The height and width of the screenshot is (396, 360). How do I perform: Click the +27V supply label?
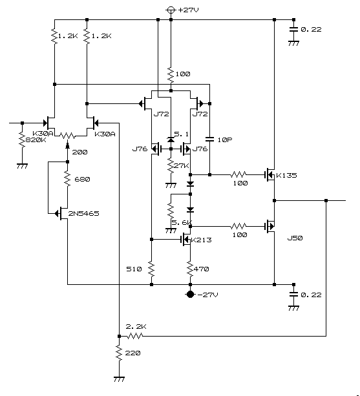pos(188,10)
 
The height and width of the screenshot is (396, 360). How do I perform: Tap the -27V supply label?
pos(207,295)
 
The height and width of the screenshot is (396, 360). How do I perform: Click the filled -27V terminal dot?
pos(190,295)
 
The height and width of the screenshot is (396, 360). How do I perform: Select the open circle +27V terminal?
pos(171,10)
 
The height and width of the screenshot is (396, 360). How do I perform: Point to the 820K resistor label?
pos(36,140)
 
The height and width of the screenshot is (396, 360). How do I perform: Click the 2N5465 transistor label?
pos(83,213)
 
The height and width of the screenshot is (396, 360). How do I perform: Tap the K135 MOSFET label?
pos(286,175)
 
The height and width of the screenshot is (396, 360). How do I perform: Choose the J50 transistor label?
pos(295,238)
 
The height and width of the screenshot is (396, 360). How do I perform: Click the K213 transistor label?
pos(202,240)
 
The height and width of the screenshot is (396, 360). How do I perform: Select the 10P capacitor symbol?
pos(209,139)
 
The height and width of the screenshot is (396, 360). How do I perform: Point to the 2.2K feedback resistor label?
pos(136,326)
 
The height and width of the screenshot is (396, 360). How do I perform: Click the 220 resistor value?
pos(132,353)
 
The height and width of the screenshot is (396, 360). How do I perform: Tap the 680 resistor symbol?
pos(67,179)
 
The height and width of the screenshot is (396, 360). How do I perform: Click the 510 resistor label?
pos(134,269)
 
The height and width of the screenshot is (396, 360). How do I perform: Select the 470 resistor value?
pos(202,269)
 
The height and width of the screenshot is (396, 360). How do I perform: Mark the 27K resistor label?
pos(182,165)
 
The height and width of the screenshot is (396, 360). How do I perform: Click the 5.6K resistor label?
pos(182,222)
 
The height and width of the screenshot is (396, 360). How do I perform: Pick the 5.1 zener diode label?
pos(182,134)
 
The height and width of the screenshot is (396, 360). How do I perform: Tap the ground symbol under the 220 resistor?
pos(119,379)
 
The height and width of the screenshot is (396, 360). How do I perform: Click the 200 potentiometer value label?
pos(80,152)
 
